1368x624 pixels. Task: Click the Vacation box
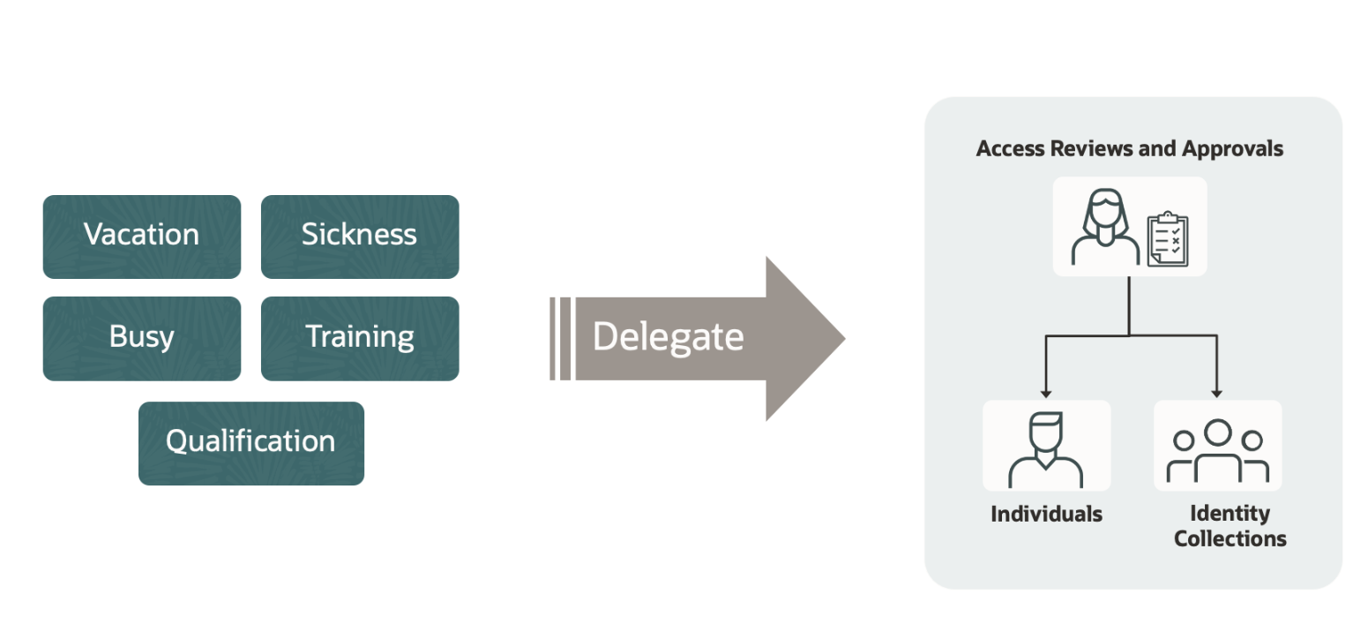tap(141, 236)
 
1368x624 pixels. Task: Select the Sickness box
tap(359, 236)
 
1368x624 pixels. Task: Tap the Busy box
tap(141, 337)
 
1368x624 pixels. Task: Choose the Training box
tap(359, 337)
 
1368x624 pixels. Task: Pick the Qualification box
tap(250, 442)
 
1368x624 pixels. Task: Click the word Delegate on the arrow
tap(668, 337)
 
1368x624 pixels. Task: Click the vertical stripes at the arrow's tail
tap(559, 338)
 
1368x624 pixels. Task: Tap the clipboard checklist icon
tap(1166, 238)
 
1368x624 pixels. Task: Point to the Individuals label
tap(1046, 514)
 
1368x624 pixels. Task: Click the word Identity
tap(1229, 513)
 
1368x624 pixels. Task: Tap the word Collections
tap(1230, 538)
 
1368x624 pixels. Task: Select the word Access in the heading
tap(1010, 148)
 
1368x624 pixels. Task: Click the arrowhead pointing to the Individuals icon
tap(1045, 392)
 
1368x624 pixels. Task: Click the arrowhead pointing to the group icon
tap(1217, 392)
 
